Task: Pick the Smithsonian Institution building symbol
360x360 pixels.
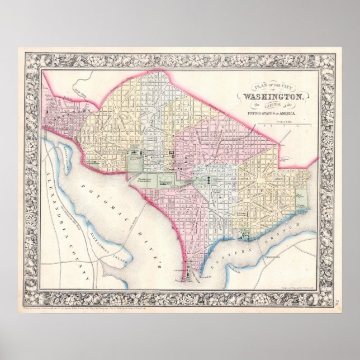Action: [x=168, y=182]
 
